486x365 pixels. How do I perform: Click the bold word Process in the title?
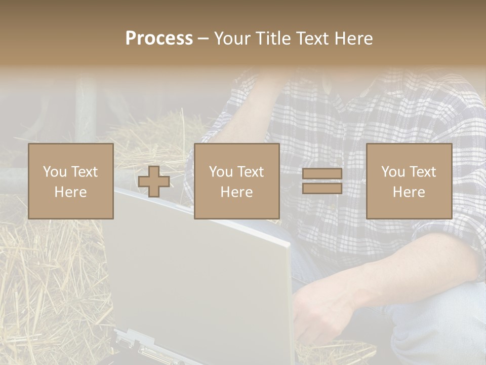tap(159, 39)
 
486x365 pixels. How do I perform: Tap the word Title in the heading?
tap(272, 39)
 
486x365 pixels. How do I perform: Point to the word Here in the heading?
tap(355, 39)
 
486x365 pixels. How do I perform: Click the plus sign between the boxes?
tap(154, 181)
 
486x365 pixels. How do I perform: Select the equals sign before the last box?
tap(322, 181)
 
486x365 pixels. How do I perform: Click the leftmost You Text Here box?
tap(71, 181)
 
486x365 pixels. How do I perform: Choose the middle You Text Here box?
tap(236, 181)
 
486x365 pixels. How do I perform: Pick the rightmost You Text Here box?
tap(409, 181)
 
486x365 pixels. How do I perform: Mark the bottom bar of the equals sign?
tap(322, 189)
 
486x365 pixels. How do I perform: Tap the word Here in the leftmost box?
tap(71, 192)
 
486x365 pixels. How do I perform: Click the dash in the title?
tap(204, 39)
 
